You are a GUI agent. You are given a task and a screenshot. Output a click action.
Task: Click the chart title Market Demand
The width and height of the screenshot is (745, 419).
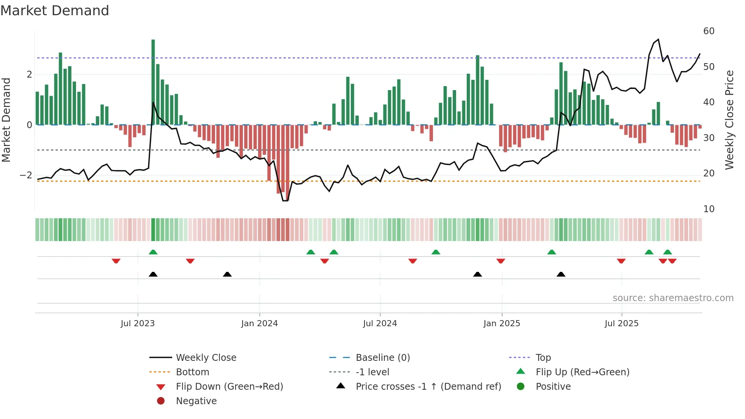(55, 11)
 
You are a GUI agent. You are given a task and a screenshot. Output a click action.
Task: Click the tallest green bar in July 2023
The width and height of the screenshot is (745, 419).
(153, 82)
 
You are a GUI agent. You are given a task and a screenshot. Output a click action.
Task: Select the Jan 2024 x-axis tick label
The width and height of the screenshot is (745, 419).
(259, 324)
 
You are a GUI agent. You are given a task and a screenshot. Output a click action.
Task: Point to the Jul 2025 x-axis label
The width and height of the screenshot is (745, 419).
(621, 324)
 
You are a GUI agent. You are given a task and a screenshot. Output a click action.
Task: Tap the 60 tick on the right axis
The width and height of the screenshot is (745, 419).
(709, 31)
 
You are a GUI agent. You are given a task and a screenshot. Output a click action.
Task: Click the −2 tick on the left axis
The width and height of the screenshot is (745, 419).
(26, 175)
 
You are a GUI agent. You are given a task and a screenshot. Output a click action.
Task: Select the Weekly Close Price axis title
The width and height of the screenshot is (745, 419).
(729, 120)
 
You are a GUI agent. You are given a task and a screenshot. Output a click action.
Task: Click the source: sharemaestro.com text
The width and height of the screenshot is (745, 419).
(673, 298)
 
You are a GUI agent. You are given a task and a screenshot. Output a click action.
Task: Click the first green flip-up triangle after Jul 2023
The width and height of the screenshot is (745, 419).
(153, 252)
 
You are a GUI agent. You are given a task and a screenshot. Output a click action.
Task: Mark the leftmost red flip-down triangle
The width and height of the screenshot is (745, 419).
(116, 261)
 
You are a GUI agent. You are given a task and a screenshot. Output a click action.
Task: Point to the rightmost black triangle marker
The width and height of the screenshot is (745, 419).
(561, 274)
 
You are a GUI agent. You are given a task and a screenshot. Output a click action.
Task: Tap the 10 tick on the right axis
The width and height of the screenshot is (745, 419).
(709, 209)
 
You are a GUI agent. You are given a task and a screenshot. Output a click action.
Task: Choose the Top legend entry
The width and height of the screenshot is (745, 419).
(543, 358)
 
